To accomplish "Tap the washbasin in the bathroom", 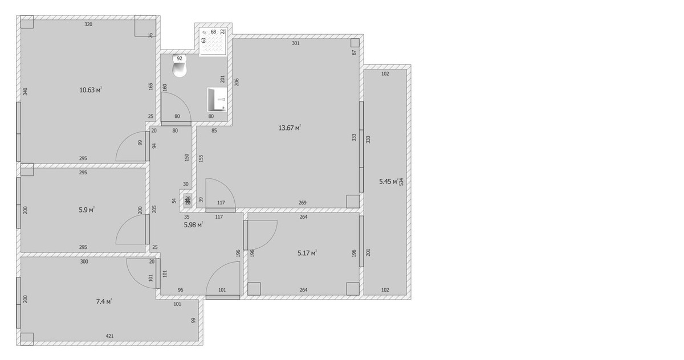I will pos(217,99).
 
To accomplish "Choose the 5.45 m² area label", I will pos(388,182).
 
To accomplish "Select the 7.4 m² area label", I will pos(104,301).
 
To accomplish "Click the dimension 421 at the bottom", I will pos(109,336).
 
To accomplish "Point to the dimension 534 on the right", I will pos(401,182).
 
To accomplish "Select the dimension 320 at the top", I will pos(88,24).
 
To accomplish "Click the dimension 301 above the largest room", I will pos(295,43).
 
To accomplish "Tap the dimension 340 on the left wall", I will pos(26,92).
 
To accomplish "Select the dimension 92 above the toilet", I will pos(180,58).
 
